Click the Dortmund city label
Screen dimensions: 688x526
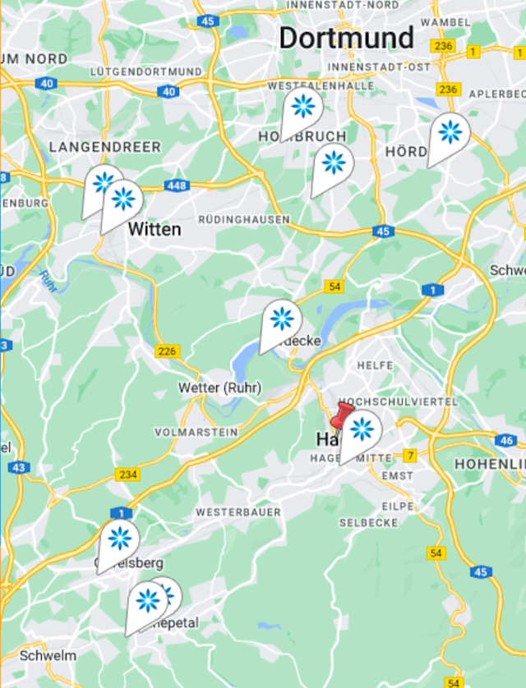(346, 38)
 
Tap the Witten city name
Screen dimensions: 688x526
(155, 230)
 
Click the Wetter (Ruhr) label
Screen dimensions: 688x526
(219, 388)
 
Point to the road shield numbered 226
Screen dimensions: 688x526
(167, 351)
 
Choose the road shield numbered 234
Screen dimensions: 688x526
(128, 475)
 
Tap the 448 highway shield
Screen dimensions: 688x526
(177, 186)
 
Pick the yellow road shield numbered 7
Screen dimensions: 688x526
(410, 455)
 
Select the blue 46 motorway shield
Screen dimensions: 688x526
(506, 441)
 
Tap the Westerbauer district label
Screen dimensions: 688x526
(238, 512)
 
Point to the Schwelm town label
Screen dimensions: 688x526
(48, 655)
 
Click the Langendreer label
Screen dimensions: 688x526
(105, 147)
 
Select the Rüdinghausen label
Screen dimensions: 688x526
(244, 220)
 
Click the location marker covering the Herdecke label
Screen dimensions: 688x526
(281, 319)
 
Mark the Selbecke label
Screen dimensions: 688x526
(368, 523)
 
